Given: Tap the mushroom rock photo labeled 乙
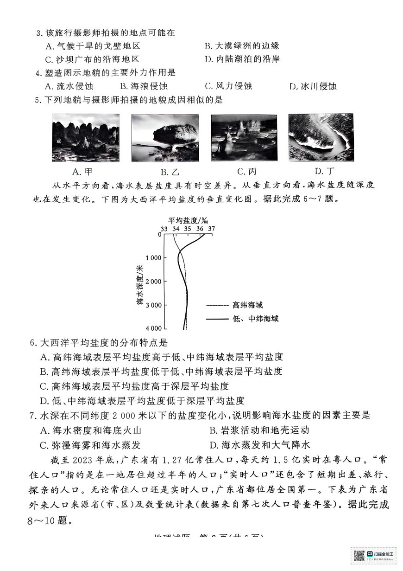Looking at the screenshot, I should click(x=165, y=138).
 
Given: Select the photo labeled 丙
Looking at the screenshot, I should click(x=244, y=138).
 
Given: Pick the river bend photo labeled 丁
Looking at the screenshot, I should click(x=321, y=137).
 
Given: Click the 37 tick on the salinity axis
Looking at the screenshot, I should click(x=211, y=229).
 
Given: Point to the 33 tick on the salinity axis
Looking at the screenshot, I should click(x=164, y=229).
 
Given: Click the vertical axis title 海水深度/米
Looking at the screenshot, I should click(x=140, y=284).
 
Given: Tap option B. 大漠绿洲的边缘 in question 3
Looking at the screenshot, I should click(x=242, y=46).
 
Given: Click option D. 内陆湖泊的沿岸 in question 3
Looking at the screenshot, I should click(x=242, y=59).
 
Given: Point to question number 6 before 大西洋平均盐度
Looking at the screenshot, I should click(x=32, y=344).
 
